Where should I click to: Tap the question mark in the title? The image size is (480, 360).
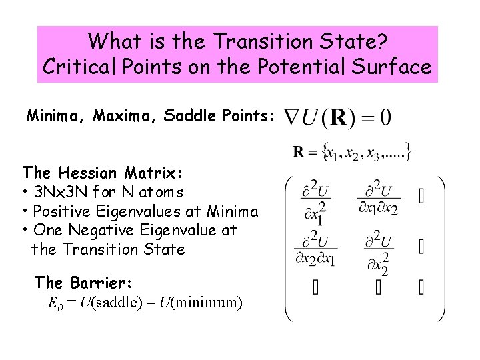[383, 42]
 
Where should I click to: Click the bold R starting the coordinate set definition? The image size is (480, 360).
[299, 153]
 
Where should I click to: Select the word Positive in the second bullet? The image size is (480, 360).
[62, 212]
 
